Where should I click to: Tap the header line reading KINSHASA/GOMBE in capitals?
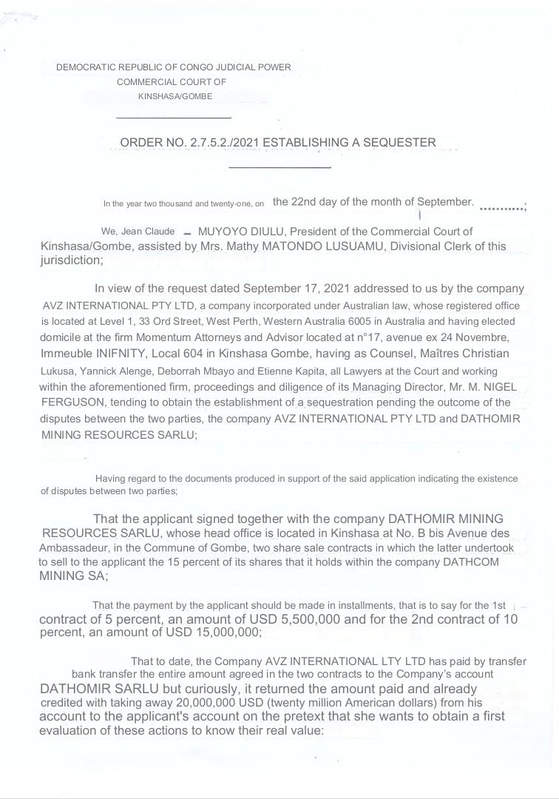point(175,96)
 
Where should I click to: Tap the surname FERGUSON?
point(75,402)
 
